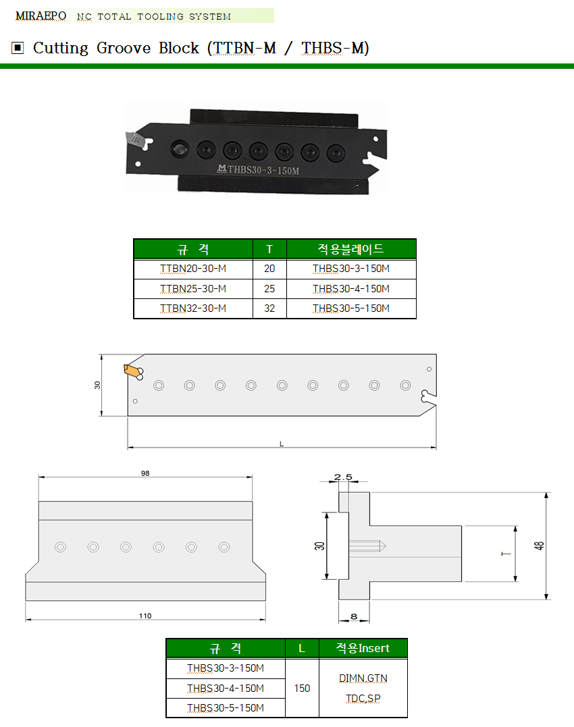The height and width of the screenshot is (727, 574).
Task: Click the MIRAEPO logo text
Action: pyautogui.click(x=41, y=16)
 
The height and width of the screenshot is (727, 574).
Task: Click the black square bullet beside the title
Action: pyautogui.click(x=18, y=48)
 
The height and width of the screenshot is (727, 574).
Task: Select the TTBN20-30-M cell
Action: pyautogui.click(x=193, y=269)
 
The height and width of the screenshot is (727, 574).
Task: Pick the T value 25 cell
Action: pyautogui.click(x=269, y=289)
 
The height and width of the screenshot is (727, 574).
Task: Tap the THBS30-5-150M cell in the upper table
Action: pyautogui.click(x=351, y=308)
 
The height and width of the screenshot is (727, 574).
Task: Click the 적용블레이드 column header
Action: pyautogui.click(x=351, y=249)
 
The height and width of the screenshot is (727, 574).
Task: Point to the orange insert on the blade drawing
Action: pyautogui.click(x=132, y=371)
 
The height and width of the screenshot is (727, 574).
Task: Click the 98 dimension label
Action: pyautogui.click(x=145, y=473)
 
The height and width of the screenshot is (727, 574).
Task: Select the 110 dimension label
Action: pyautogui.click(x=145, y=616)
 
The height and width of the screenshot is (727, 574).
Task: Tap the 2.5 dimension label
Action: pyautogui.click(x=343, y=477)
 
